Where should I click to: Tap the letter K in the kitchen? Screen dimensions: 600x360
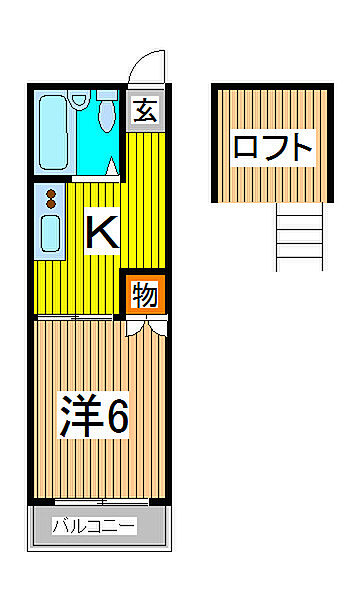[102, 232]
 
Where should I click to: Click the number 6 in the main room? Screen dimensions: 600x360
[117, 419]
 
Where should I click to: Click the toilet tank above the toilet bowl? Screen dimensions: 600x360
[108, 96]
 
